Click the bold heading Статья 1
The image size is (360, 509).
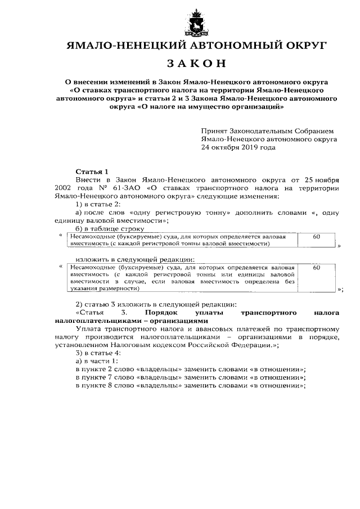[x=92, y=171]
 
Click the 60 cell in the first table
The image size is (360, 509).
[x=316, y=237]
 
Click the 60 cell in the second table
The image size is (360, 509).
[x=316, y=268]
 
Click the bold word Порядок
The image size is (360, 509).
[x=161, y=312]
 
